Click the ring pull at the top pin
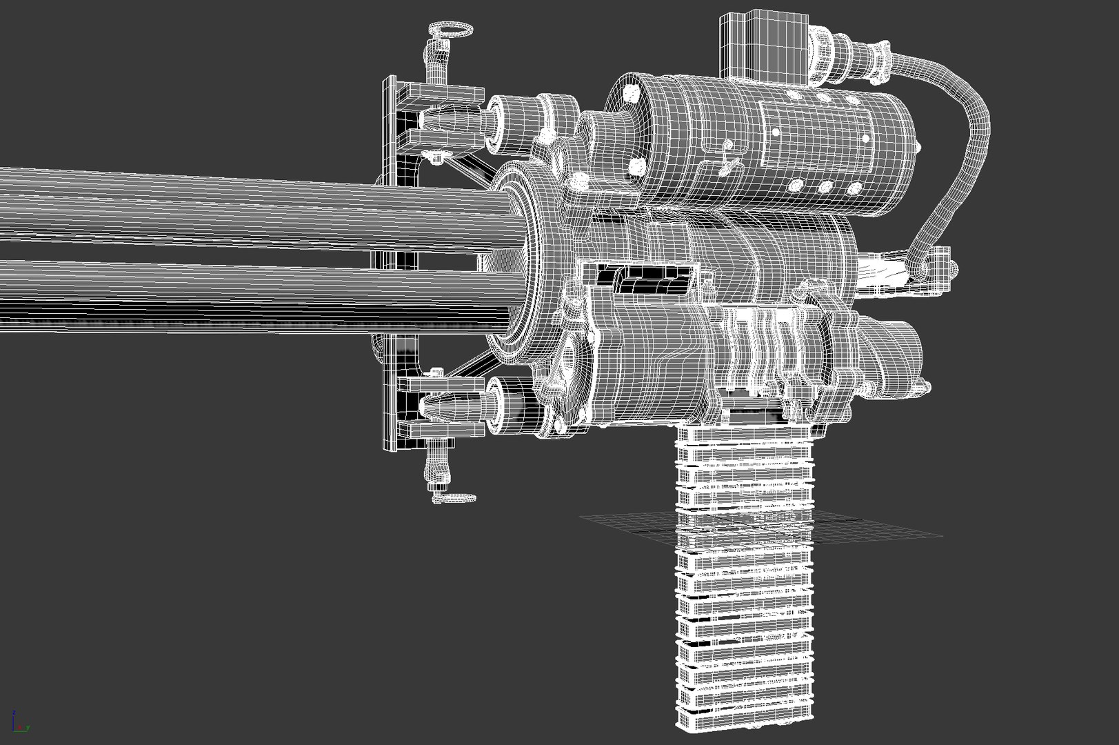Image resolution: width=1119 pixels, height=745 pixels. (450, 29)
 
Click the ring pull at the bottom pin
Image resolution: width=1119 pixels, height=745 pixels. (453, 497)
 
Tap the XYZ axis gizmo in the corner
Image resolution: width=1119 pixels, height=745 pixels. (19, 722)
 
